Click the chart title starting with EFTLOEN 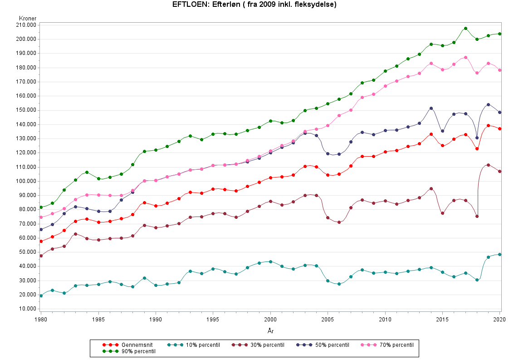pos(254,5)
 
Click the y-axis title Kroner pos(28,18)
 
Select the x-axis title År pos(270,331)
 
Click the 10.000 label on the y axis pos(28,309)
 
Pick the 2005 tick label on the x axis pos(328,320)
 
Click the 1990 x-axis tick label pos(156,320)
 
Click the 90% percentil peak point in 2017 pos(465,28)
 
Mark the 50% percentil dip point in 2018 pos(477,138)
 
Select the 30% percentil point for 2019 pos(488,165)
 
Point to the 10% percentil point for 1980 pos(41,296)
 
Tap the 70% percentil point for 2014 pos(431,64)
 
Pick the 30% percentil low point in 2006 pos(339,222)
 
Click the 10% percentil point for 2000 pos(270,261)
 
